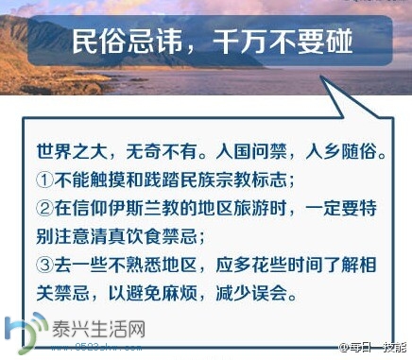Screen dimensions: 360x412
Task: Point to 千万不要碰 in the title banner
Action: pyautogui.click(x=270, y=41)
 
